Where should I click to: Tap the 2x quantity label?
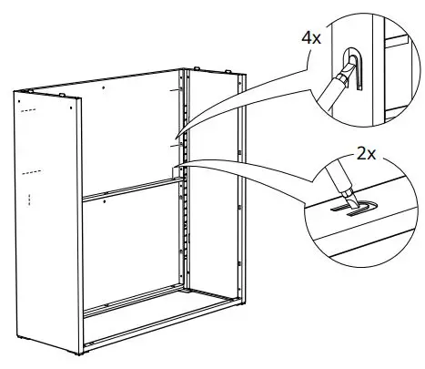pyautogui.click(x=366, y=155)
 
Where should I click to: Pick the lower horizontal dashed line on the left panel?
pyautogui.click(x=31, y=170)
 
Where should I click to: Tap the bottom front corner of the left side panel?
pyautogui.click(x=80, y=351)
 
